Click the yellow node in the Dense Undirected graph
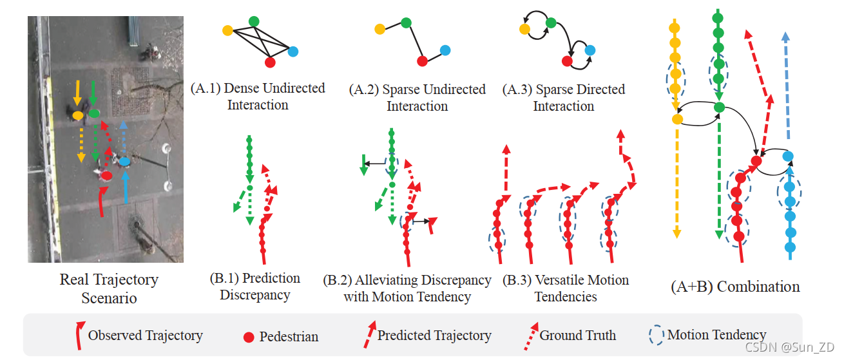pyautogui.click(x=227, y=30)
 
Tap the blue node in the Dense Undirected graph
pyautogui.click(x=293, y=52)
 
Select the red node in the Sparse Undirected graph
pyautogui.click(x=422, y=61)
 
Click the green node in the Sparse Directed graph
pyautogui.click(x=551, y=23)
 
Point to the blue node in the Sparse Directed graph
pyautogui.click(x=590, y=50)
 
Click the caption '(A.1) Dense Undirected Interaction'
pyautogui.click(x=258, y=97)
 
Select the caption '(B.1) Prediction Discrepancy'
pyautogui.click(x=254, y=287)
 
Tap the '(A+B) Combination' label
pyautogui.click(x=735, y=287)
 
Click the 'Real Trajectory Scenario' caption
pyautogui.click(x=109, y=289)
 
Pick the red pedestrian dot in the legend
pyautogui.click(x=248, y=337)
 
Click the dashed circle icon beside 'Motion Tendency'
pyautogui.click(x=657, y=336)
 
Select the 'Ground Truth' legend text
pyautogui.click(x=577, y=336)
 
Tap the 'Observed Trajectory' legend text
pyautogui.click(x=145, y=336)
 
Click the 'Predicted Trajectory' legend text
pyautogui.click(x=434, y=336)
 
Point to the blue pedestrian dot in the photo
pyautogui.click(x=125, y=162)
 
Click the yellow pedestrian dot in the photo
pyautogui.click(x=77, y=115)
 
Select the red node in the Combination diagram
pyautogui.click(x=756, y=161)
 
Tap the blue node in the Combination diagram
pyautogui.click(x=787, y=156)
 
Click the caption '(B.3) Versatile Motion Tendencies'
pyautogui.click(x=564, y=289)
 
